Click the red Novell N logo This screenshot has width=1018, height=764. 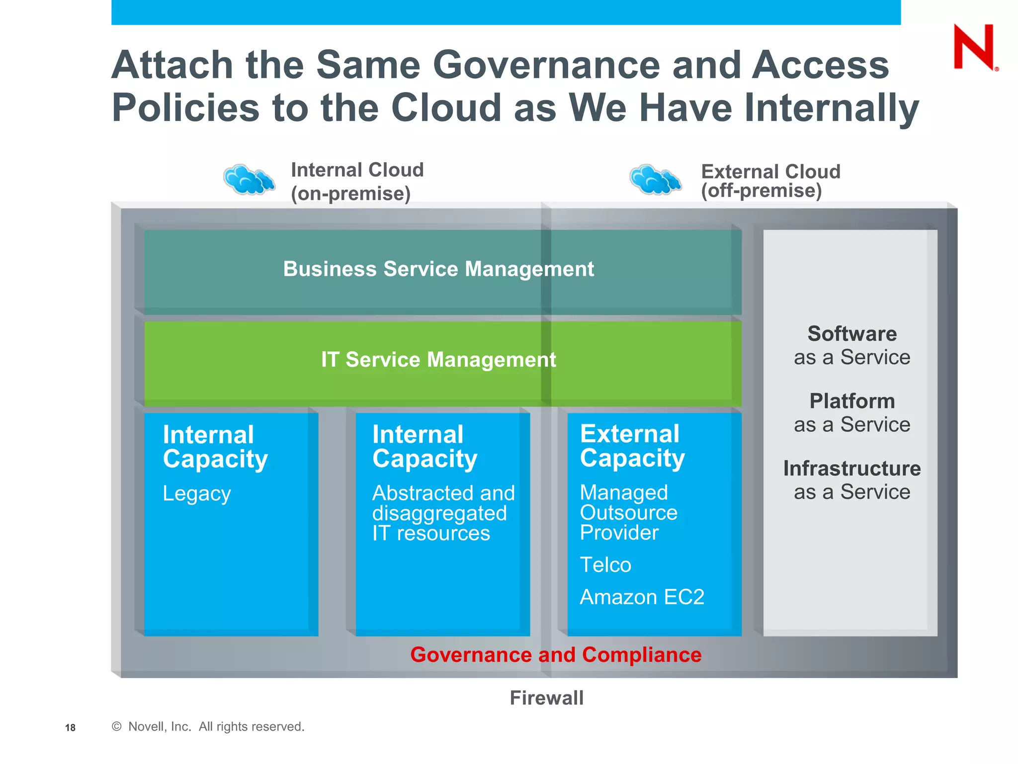[x=974, y=47]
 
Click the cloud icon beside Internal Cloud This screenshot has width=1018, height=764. [x=249, y=180]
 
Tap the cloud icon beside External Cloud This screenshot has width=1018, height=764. [x=655, y=180]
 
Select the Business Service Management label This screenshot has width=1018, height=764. [x=438, y=269]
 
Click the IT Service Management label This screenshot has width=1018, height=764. [x=438, y=360]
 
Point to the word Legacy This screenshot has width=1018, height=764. [x=197, y=493]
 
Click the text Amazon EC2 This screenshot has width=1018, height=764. [x=642, y=597]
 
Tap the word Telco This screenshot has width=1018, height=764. [x=605, y=565]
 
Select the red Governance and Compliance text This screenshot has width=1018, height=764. [x=556, y=655]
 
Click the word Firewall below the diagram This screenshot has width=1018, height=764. [x=547, y=698]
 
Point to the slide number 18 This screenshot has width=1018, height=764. [x=70, y=728]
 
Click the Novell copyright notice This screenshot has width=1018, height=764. [x=208, y=727]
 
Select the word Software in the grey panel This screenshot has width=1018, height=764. [x=852, y=334]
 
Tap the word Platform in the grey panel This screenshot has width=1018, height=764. [x=852, y=401]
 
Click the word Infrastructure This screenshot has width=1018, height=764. [x=852, y=469]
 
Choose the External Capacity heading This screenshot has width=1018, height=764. [x=632, y=446]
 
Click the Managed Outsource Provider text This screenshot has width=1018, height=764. [x=628, y=512]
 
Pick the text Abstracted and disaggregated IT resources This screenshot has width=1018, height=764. [x=443, y=513]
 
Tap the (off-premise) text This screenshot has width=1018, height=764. [x=761, y=191]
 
